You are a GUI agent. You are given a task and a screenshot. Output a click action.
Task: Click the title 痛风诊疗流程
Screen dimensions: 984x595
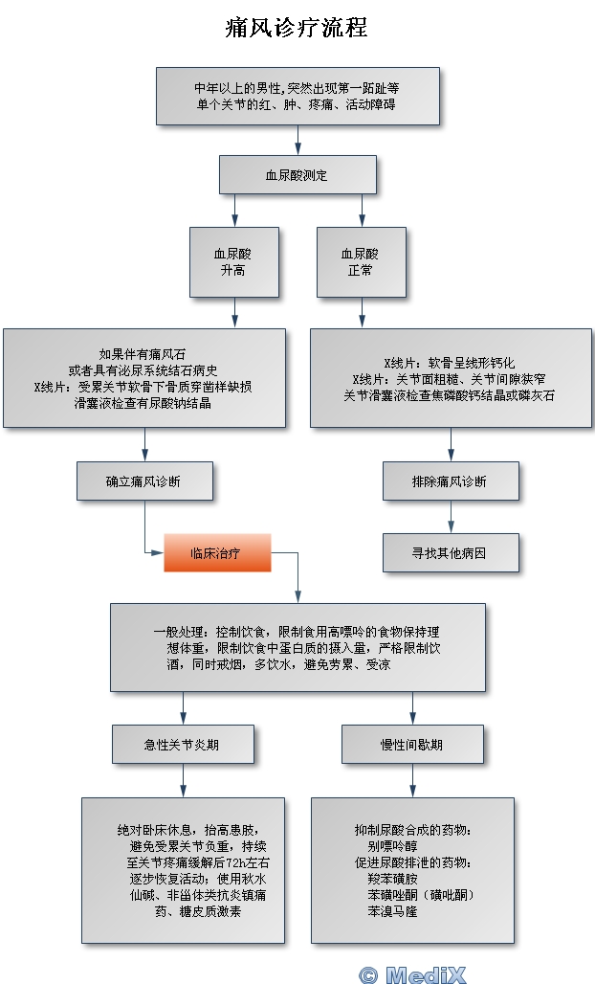tap(297, 28)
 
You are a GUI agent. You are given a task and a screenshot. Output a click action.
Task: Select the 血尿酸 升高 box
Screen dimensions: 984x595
tap(233, 262)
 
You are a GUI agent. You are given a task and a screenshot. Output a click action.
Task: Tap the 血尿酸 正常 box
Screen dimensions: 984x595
tap(360, 262)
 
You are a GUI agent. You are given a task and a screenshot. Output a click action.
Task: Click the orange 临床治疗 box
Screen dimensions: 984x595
tap(217, 552)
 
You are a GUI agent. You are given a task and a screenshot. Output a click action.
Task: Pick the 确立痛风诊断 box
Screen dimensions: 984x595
tap(143, 481)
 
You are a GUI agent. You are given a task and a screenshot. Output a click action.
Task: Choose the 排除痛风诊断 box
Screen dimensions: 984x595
tap(451, 481)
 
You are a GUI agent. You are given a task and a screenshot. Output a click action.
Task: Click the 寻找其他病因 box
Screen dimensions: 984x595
tap(451, 552)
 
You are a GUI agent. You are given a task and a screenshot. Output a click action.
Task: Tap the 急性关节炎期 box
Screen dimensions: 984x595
tap(183, 744)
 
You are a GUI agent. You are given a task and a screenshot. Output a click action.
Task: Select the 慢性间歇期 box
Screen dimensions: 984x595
tap(411, 744)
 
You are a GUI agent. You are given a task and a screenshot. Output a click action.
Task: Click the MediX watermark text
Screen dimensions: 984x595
tap(412, 973)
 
